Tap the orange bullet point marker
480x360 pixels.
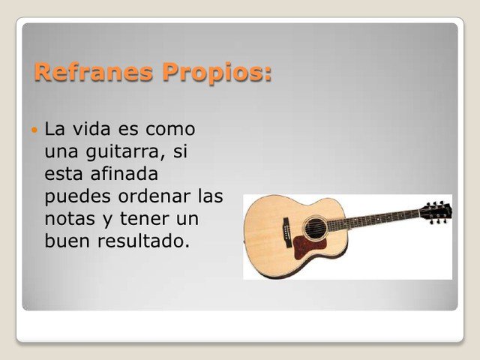(x=33, y=130)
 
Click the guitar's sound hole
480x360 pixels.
(x=315, y=227)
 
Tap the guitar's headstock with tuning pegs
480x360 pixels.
(x=436, y=211)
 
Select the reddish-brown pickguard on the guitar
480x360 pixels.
(x=307, y=245)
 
